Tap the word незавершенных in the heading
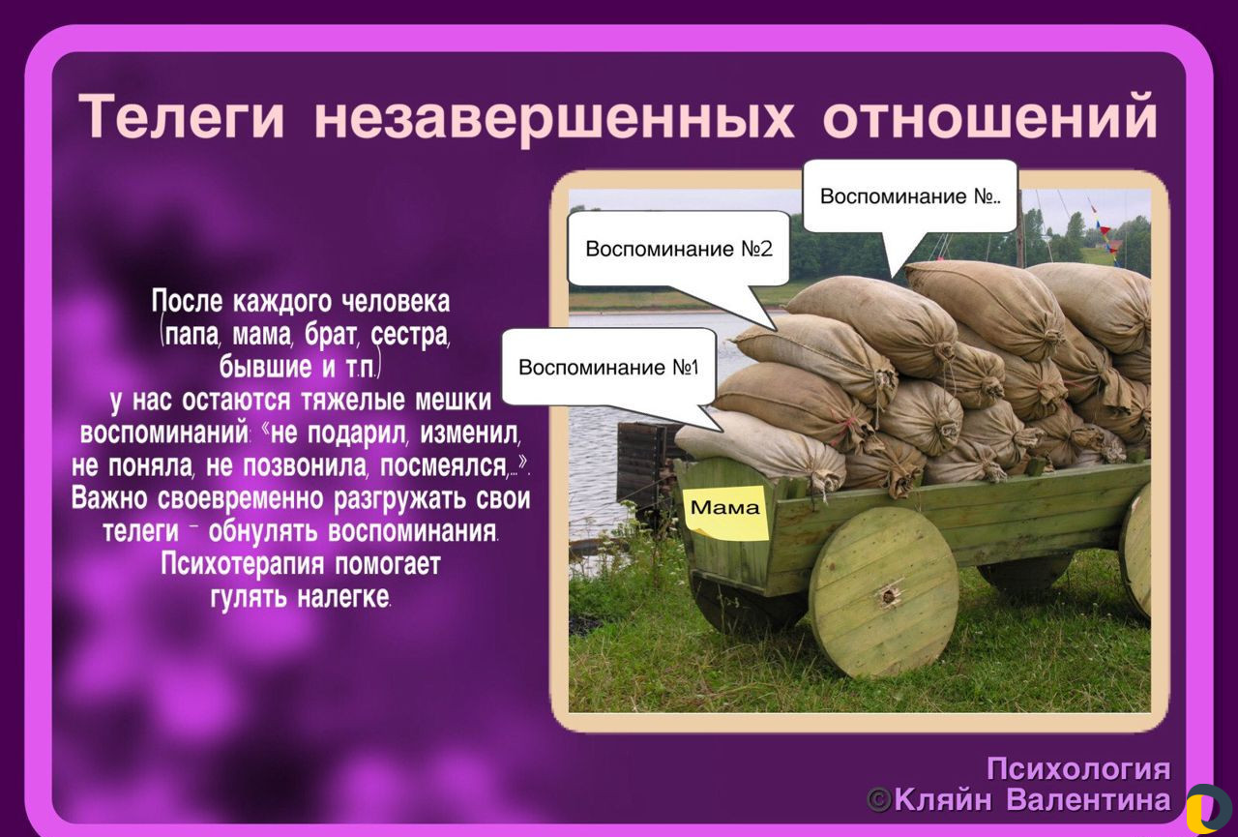point(554,118)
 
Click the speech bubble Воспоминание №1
point(609,367)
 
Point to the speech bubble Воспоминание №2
point(679,249)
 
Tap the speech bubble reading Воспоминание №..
point(910,196)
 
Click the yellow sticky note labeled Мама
point(725,512)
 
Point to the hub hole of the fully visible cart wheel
point(889,596)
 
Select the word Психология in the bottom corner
point(1078,769)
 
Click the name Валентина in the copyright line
point(1088,799)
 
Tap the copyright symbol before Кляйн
point(879,800)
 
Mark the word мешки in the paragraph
point(453,401)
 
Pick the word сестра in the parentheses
point(409,335)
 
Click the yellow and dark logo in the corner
point(1209,808)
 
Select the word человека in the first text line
point(396,302)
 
